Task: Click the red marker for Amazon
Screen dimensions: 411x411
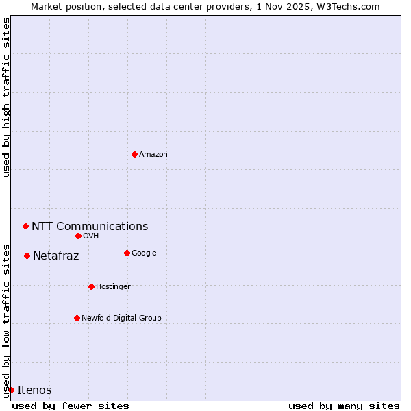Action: [134, 154]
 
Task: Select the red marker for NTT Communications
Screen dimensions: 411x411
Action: [25, 226]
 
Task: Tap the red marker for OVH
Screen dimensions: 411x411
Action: [78, 236]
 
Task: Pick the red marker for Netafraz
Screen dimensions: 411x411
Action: [27, 256]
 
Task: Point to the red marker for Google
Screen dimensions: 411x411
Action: [127, 253]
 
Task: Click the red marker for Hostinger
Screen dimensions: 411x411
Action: [91, 286]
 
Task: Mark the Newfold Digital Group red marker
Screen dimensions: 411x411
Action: [77, 318]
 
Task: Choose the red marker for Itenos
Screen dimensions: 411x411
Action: [11, 390]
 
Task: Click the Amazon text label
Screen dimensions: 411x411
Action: [153, 154]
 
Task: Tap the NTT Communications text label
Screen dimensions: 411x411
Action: [90, 226]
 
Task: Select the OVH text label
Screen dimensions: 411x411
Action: [91, 236]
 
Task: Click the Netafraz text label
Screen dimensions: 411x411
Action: [56, 256]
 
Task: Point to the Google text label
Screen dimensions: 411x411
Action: [144, 253]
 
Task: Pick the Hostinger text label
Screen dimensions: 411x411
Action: [113, 286]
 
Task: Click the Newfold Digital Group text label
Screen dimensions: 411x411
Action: [121, 318]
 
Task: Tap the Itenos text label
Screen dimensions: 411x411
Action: [34, 390]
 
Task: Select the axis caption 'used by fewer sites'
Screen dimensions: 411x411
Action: [71, 406]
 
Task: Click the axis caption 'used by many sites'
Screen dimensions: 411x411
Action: [344, 406]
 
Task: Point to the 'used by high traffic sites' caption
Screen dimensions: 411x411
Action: [6, 97]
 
